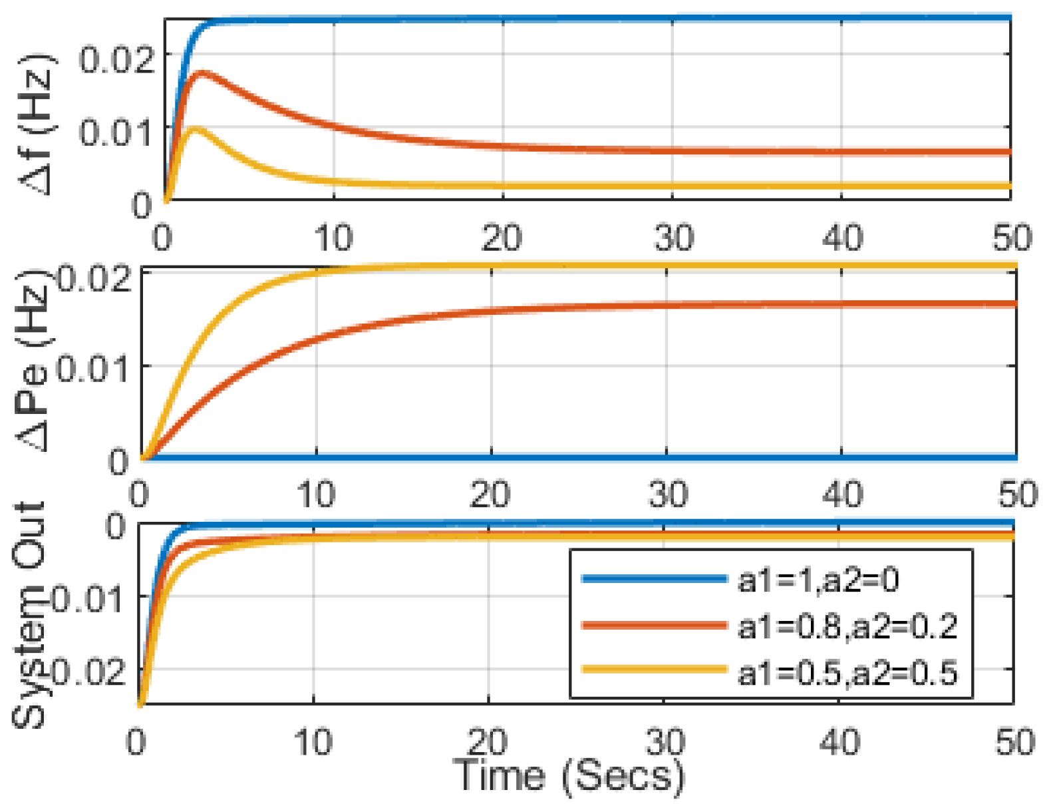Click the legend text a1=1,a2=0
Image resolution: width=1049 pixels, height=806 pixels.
point(818,580)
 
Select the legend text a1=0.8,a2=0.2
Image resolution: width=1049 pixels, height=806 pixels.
point(847,626)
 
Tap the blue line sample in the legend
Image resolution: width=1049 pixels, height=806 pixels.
point(654,579)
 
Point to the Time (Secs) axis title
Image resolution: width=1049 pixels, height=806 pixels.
point(568,776)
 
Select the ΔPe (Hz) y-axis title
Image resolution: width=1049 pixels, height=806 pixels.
point(33,361)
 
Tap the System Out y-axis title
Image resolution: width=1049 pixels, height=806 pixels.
point(30,616)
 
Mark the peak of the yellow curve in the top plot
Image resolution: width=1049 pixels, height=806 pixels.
point(195,128)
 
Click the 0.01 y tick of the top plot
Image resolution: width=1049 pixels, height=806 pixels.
point(116,132)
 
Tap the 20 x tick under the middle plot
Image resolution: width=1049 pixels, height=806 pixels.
point(490,495)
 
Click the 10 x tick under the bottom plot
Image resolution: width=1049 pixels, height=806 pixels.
point(313,741)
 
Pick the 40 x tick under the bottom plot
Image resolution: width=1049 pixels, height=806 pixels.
point(839,741)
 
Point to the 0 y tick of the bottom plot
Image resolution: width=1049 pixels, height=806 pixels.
point(116,526)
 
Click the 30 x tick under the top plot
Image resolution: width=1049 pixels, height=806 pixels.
point(673,238)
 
